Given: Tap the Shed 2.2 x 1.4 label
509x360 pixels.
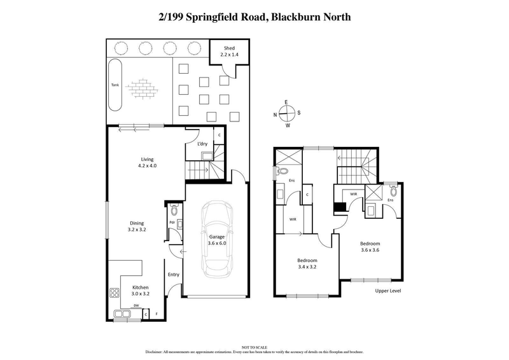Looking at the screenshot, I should [x=228, y=52].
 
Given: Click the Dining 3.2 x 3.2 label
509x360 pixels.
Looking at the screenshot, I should [x=137, y=226].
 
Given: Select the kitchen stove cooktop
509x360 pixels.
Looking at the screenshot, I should [x=116, y=294].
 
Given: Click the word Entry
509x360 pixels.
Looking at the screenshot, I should [x=173, y=275].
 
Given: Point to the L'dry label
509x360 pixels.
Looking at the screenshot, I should [x=202, y=144].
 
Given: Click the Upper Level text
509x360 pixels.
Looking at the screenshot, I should [x=387, y=291].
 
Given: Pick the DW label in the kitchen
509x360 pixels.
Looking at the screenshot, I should [x=136, y=306].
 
